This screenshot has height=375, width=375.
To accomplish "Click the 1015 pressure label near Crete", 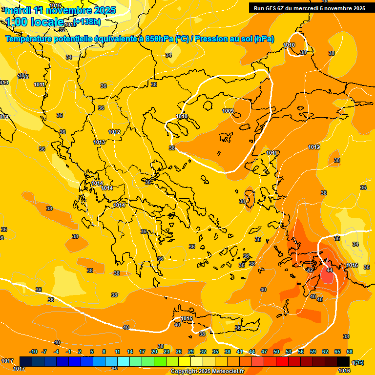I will point(186,319).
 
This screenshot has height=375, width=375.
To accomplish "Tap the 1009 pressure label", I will point(228,111).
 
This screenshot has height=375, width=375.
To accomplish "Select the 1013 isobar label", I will point(99,142).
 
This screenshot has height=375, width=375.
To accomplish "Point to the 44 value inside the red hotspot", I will point(330,270).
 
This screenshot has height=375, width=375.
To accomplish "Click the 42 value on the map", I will point(310,270).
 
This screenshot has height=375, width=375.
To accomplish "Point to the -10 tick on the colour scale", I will point(33,352).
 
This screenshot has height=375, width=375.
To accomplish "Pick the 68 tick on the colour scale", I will point(350,352).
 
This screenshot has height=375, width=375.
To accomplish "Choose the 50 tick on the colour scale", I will point(276,352).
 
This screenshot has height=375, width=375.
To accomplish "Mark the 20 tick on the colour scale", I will point(154,352).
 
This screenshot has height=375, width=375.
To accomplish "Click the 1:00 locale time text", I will point(34,22).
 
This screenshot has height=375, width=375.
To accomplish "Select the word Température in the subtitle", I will point(30,39).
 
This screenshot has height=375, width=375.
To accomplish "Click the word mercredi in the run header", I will point(314,8).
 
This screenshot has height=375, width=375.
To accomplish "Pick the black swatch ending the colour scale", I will point(343,361).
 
